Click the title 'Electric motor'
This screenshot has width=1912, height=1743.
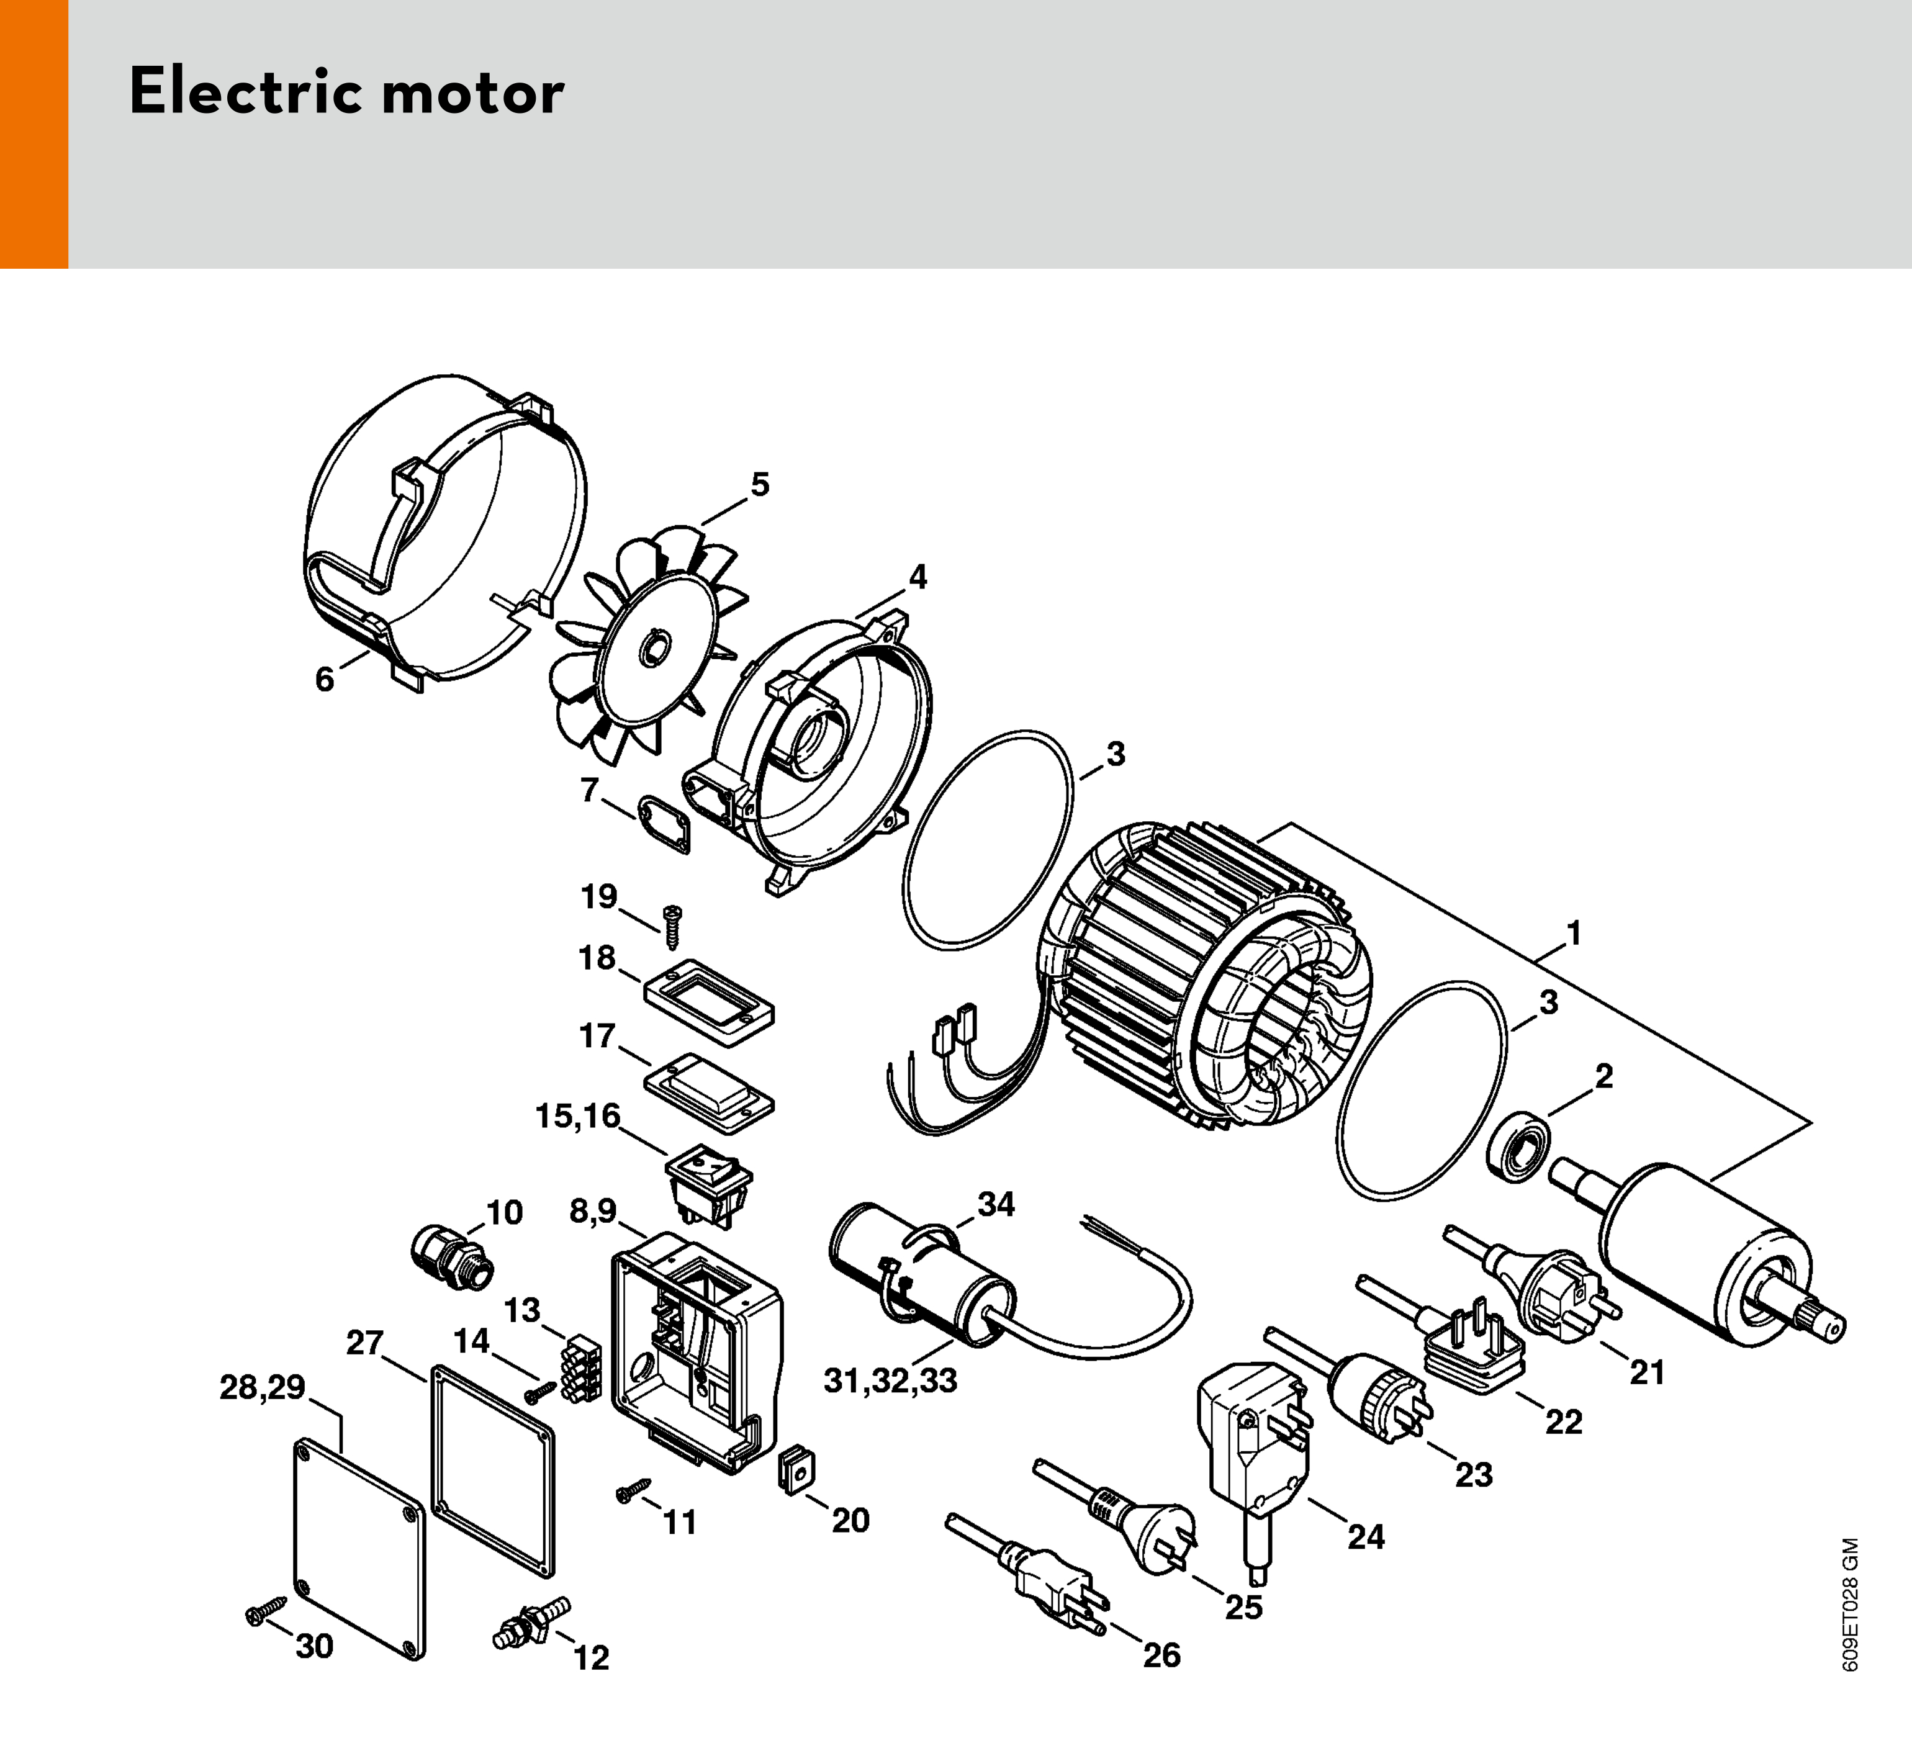tap(346, 93)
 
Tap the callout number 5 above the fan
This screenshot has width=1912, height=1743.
tap(760, 485)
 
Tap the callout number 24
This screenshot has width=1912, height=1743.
tap(1366, 1537)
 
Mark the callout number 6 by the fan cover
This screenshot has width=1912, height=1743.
tap(324, 679)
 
